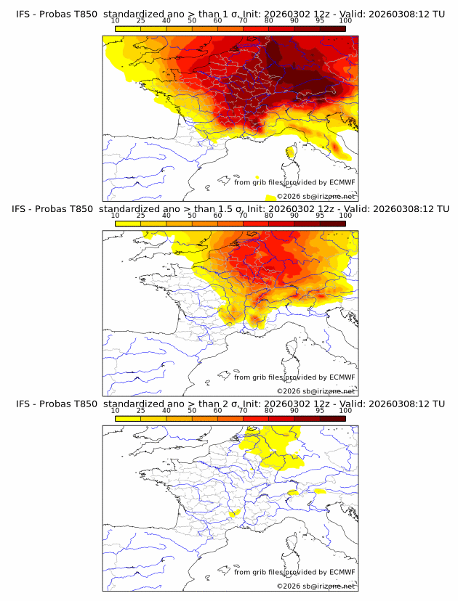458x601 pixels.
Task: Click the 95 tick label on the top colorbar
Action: (x=320, y=21)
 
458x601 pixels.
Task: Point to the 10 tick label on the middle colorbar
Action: (x=116, y=216)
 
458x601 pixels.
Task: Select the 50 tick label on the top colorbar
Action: (x=192, y=21)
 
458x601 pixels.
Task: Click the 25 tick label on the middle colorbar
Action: (x=141, y=216)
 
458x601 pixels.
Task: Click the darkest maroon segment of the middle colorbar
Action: (x=333, y=223)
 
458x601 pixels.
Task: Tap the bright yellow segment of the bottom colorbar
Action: (x=128, y=418)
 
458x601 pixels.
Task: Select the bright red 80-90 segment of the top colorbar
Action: (x=281, y=28)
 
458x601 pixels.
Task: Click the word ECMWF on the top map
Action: (x=342, y=182)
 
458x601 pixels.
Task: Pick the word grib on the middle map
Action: (x=260, y=377)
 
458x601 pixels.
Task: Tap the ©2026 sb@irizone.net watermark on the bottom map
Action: (x=316, y=586)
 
